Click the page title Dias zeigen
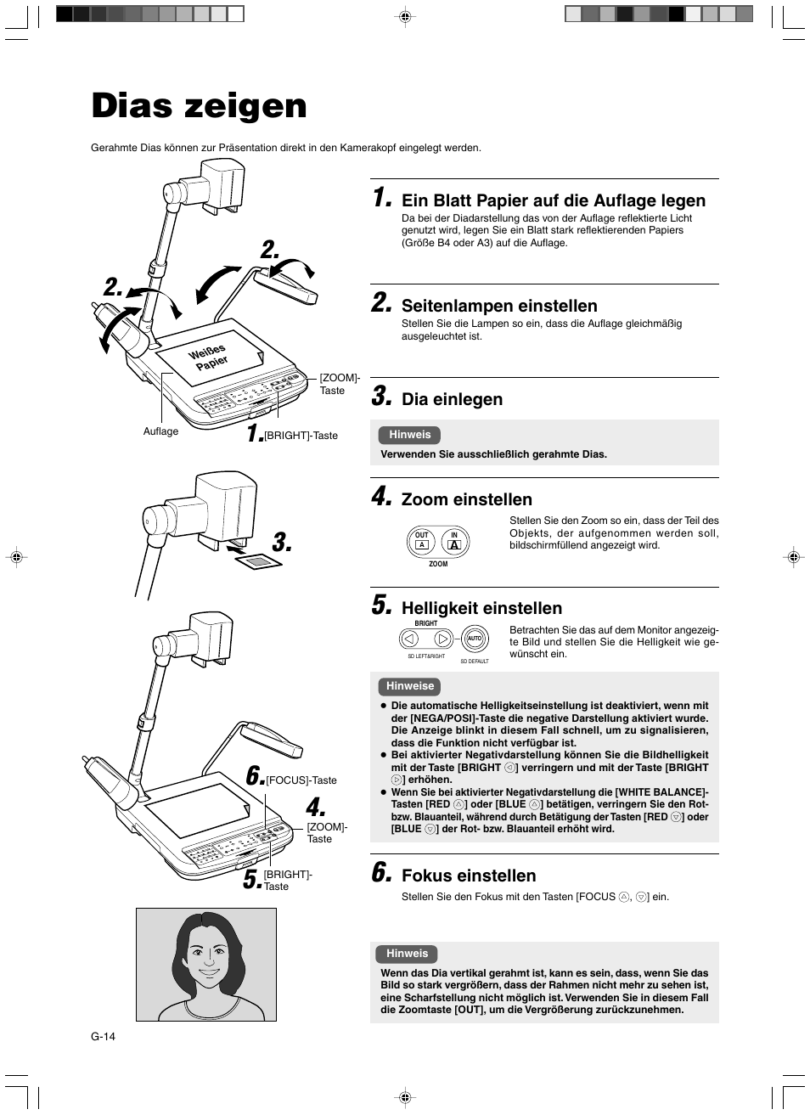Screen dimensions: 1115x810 pyautogui.click(x=199, y=106)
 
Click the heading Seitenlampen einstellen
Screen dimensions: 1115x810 pyautogui.click(x=499, y=306)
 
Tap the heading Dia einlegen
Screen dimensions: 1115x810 pyautogui.click(x=452, y=399)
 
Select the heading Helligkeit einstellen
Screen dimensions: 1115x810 pyautogui.click(x=481, y=608)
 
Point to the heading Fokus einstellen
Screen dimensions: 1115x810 pyautogui.click(x=469, y=876)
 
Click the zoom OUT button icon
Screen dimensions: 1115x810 pyautogui.click(x=422, y=542)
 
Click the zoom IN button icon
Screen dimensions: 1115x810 pyautogui.click(x=454, y=542)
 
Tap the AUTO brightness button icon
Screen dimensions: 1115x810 pyautogui.click(x=475, y=639)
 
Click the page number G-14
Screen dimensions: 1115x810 pyautogui.click(x=104, y=1036)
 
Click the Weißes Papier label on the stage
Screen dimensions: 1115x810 pyautogui.click(x=209, y=357)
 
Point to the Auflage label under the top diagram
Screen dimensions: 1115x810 pyautogui.click(x=160, y=431)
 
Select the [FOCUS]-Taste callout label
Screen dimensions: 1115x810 pyautogui.click(x=301, y=780)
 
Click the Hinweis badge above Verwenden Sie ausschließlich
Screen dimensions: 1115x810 pyautogui.click(x=410, y=435)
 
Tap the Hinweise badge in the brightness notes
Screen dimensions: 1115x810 pyautogui.click(x=410, y=686)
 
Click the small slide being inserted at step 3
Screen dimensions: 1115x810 pyautogui.click(x=257, y=561)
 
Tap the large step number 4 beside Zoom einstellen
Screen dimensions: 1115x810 pyautogui.click(x=381, y=496)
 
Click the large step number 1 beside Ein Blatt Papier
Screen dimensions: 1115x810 pyautogui.click(x=381, y=198)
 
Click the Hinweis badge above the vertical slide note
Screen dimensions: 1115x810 pyautogui.click(x=408, y=954)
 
